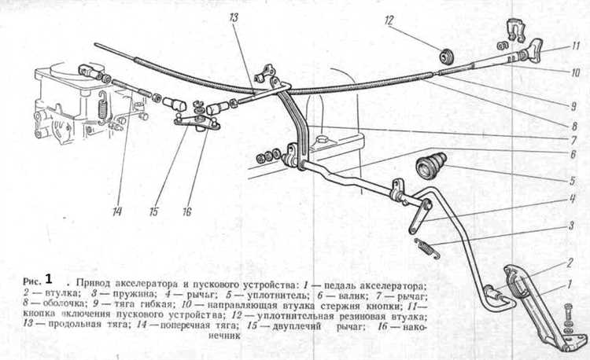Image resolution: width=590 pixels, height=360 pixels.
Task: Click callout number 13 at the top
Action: pos(234,17)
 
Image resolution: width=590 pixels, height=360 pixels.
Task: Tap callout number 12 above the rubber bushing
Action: pos(389,20)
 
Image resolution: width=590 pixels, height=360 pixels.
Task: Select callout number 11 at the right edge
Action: pos(575,46)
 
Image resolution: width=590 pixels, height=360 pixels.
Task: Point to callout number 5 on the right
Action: pos(573,181)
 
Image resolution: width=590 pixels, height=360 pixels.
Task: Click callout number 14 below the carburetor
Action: pos(117,212)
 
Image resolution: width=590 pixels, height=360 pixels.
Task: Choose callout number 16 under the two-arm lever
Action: pos(187,212)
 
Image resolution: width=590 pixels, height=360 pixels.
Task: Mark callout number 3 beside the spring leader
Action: pos(571,226)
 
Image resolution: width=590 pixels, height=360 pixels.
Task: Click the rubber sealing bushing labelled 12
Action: pos(447,57)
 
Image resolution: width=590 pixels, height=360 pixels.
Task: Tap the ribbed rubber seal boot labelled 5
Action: pos(431,163)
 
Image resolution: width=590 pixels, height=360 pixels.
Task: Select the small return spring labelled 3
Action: pos(427,248)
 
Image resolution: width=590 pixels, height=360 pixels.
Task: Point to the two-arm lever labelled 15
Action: pos(197,122)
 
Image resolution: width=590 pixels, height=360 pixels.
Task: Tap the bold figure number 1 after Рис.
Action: pos(49,279)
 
